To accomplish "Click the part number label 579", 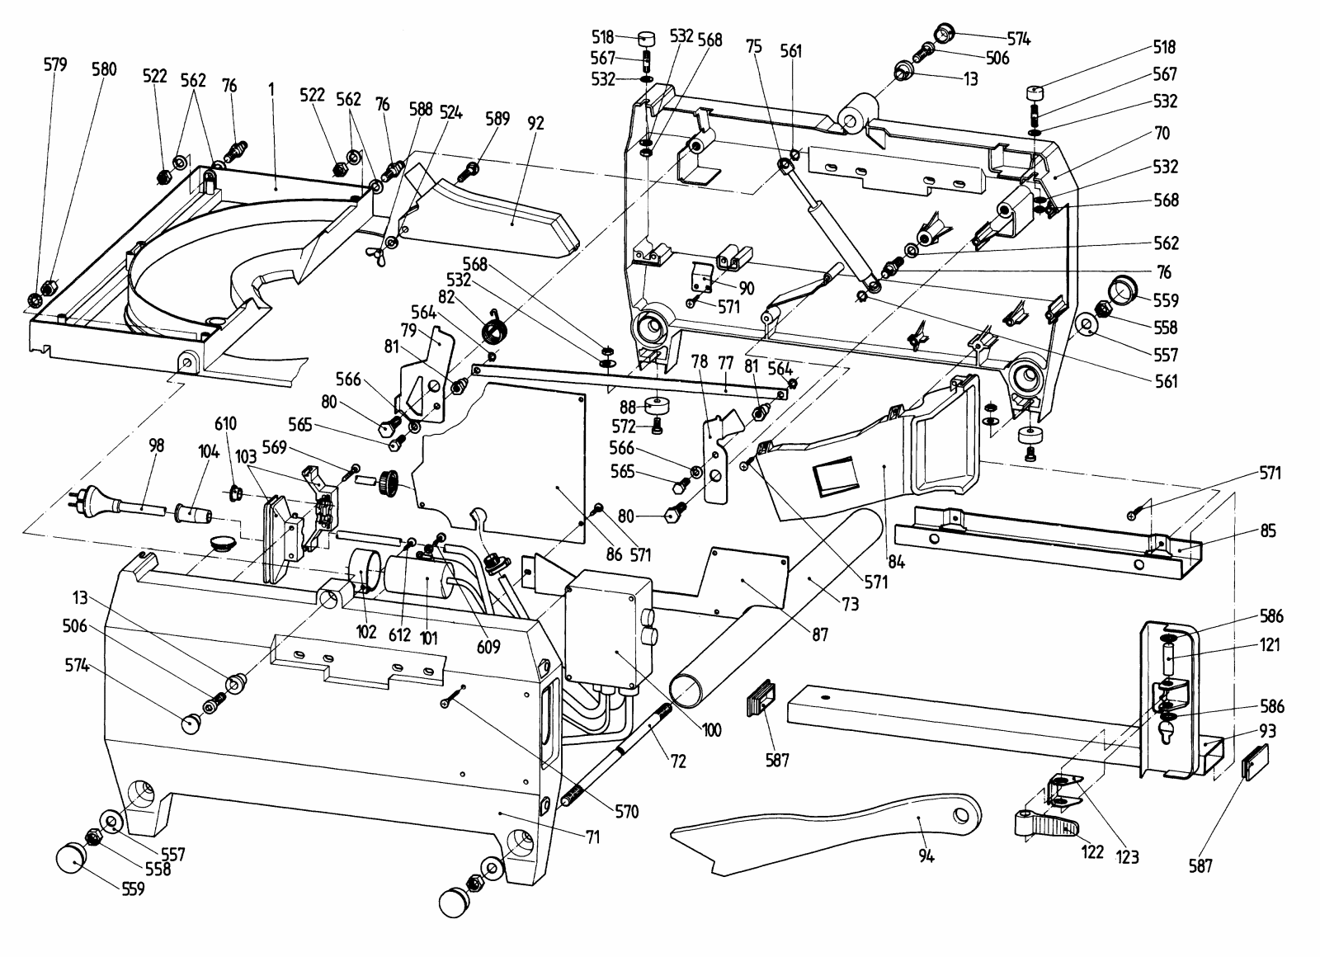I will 55,64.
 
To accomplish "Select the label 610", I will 225,424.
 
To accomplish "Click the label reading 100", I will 711,729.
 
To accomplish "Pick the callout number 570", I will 626,812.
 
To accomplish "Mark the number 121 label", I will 1270,645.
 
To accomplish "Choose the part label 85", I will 1268,531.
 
